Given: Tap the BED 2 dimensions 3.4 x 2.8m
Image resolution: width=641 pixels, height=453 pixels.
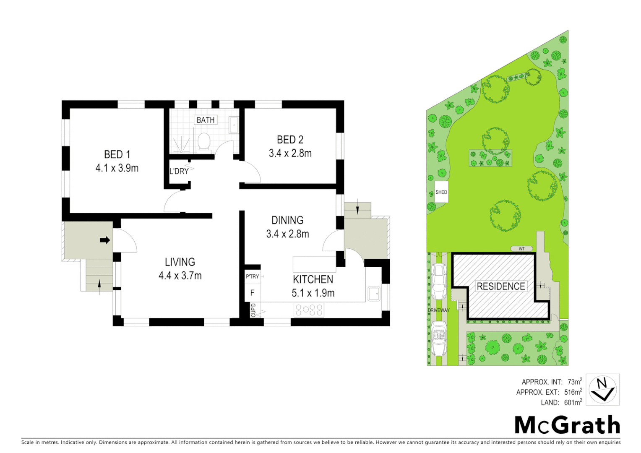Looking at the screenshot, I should click(x=290, y=154).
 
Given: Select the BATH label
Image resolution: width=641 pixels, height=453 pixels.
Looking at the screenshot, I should click(x=206, y=120).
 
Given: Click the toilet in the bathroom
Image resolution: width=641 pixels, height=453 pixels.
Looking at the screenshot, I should click(x=204, y=141).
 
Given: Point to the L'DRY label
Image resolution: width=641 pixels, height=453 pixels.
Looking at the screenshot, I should click(x=179, y=171).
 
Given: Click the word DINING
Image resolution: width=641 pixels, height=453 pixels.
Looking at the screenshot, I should click(x=287, y=220).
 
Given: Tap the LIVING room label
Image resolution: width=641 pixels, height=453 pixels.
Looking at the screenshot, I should click(x=180, y=262).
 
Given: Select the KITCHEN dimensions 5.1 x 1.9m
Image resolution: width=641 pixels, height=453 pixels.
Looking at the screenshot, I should click(x=313, y=293).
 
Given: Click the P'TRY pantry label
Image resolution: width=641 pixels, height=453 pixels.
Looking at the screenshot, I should click(x=252, y=276).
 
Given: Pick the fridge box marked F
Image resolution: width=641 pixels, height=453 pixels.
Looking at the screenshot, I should click(x=252, y=293).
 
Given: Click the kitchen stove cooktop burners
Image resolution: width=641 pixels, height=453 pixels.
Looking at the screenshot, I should click(x=310, y=310).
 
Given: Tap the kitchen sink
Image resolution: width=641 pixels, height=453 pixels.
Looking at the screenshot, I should click(x=374, y=294).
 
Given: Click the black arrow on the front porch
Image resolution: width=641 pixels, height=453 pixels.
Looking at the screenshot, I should click(x=105, y=240).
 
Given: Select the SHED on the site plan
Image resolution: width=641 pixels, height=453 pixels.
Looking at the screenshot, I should click(x=441, y=192).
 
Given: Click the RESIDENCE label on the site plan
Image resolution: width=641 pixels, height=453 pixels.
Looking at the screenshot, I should click(x=500, y=286).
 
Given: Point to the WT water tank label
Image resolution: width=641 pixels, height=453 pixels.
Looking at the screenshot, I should click(x=521, y=249).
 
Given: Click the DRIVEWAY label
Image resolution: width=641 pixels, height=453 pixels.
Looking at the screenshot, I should click(x=438, y=310).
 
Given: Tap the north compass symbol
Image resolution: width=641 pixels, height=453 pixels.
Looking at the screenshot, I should click(x=602, y=390).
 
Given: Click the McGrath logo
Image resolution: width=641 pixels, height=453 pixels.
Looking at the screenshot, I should click(x=567, y=425).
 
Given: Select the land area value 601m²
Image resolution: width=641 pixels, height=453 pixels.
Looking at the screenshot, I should click(x=573, y=403).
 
